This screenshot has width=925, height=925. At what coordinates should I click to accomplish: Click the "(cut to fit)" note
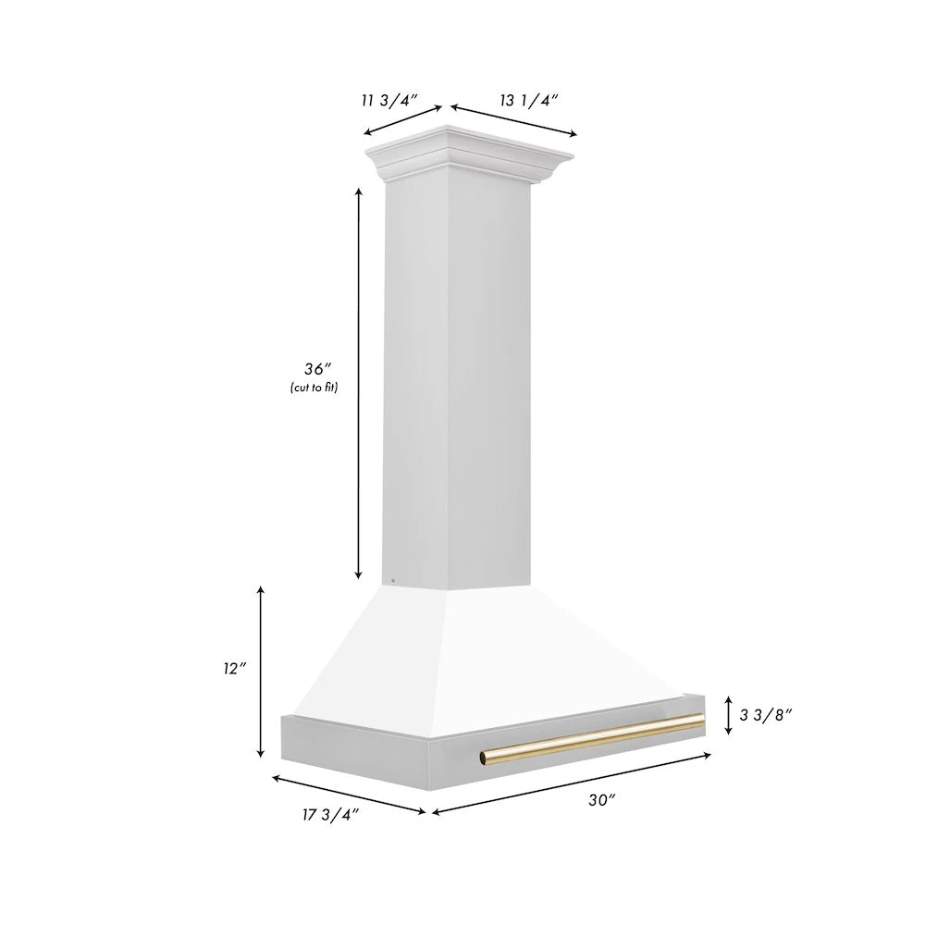point(312,388)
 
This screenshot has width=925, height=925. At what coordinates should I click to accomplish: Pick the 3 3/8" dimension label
point(766,714)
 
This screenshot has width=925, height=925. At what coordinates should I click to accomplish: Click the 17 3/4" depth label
point(330,813)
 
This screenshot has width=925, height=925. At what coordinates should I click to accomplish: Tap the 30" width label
point(601,801)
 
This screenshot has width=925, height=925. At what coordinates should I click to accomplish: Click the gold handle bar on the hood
point(592,739)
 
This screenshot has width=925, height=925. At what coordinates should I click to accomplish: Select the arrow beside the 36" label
point(358,384)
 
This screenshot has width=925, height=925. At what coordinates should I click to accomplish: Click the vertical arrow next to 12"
point(262,672)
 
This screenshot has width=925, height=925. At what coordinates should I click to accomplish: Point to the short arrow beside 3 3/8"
point(729,714)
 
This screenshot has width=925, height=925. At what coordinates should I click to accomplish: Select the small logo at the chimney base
point(392,581)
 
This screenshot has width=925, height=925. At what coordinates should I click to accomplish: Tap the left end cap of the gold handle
point(484,759)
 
